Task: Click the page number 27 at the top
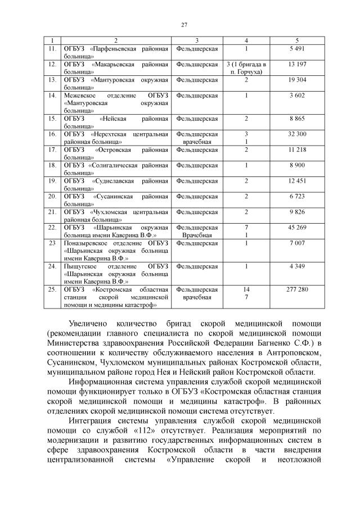click(x=184, y=24)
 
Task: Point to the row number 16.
click(x=52, y=134)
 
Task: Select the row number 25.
click(x=52, y=289)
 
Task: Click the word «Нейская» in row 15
click(x=112, y=119)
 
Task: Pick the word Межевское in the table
click(x=80, y=96)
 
